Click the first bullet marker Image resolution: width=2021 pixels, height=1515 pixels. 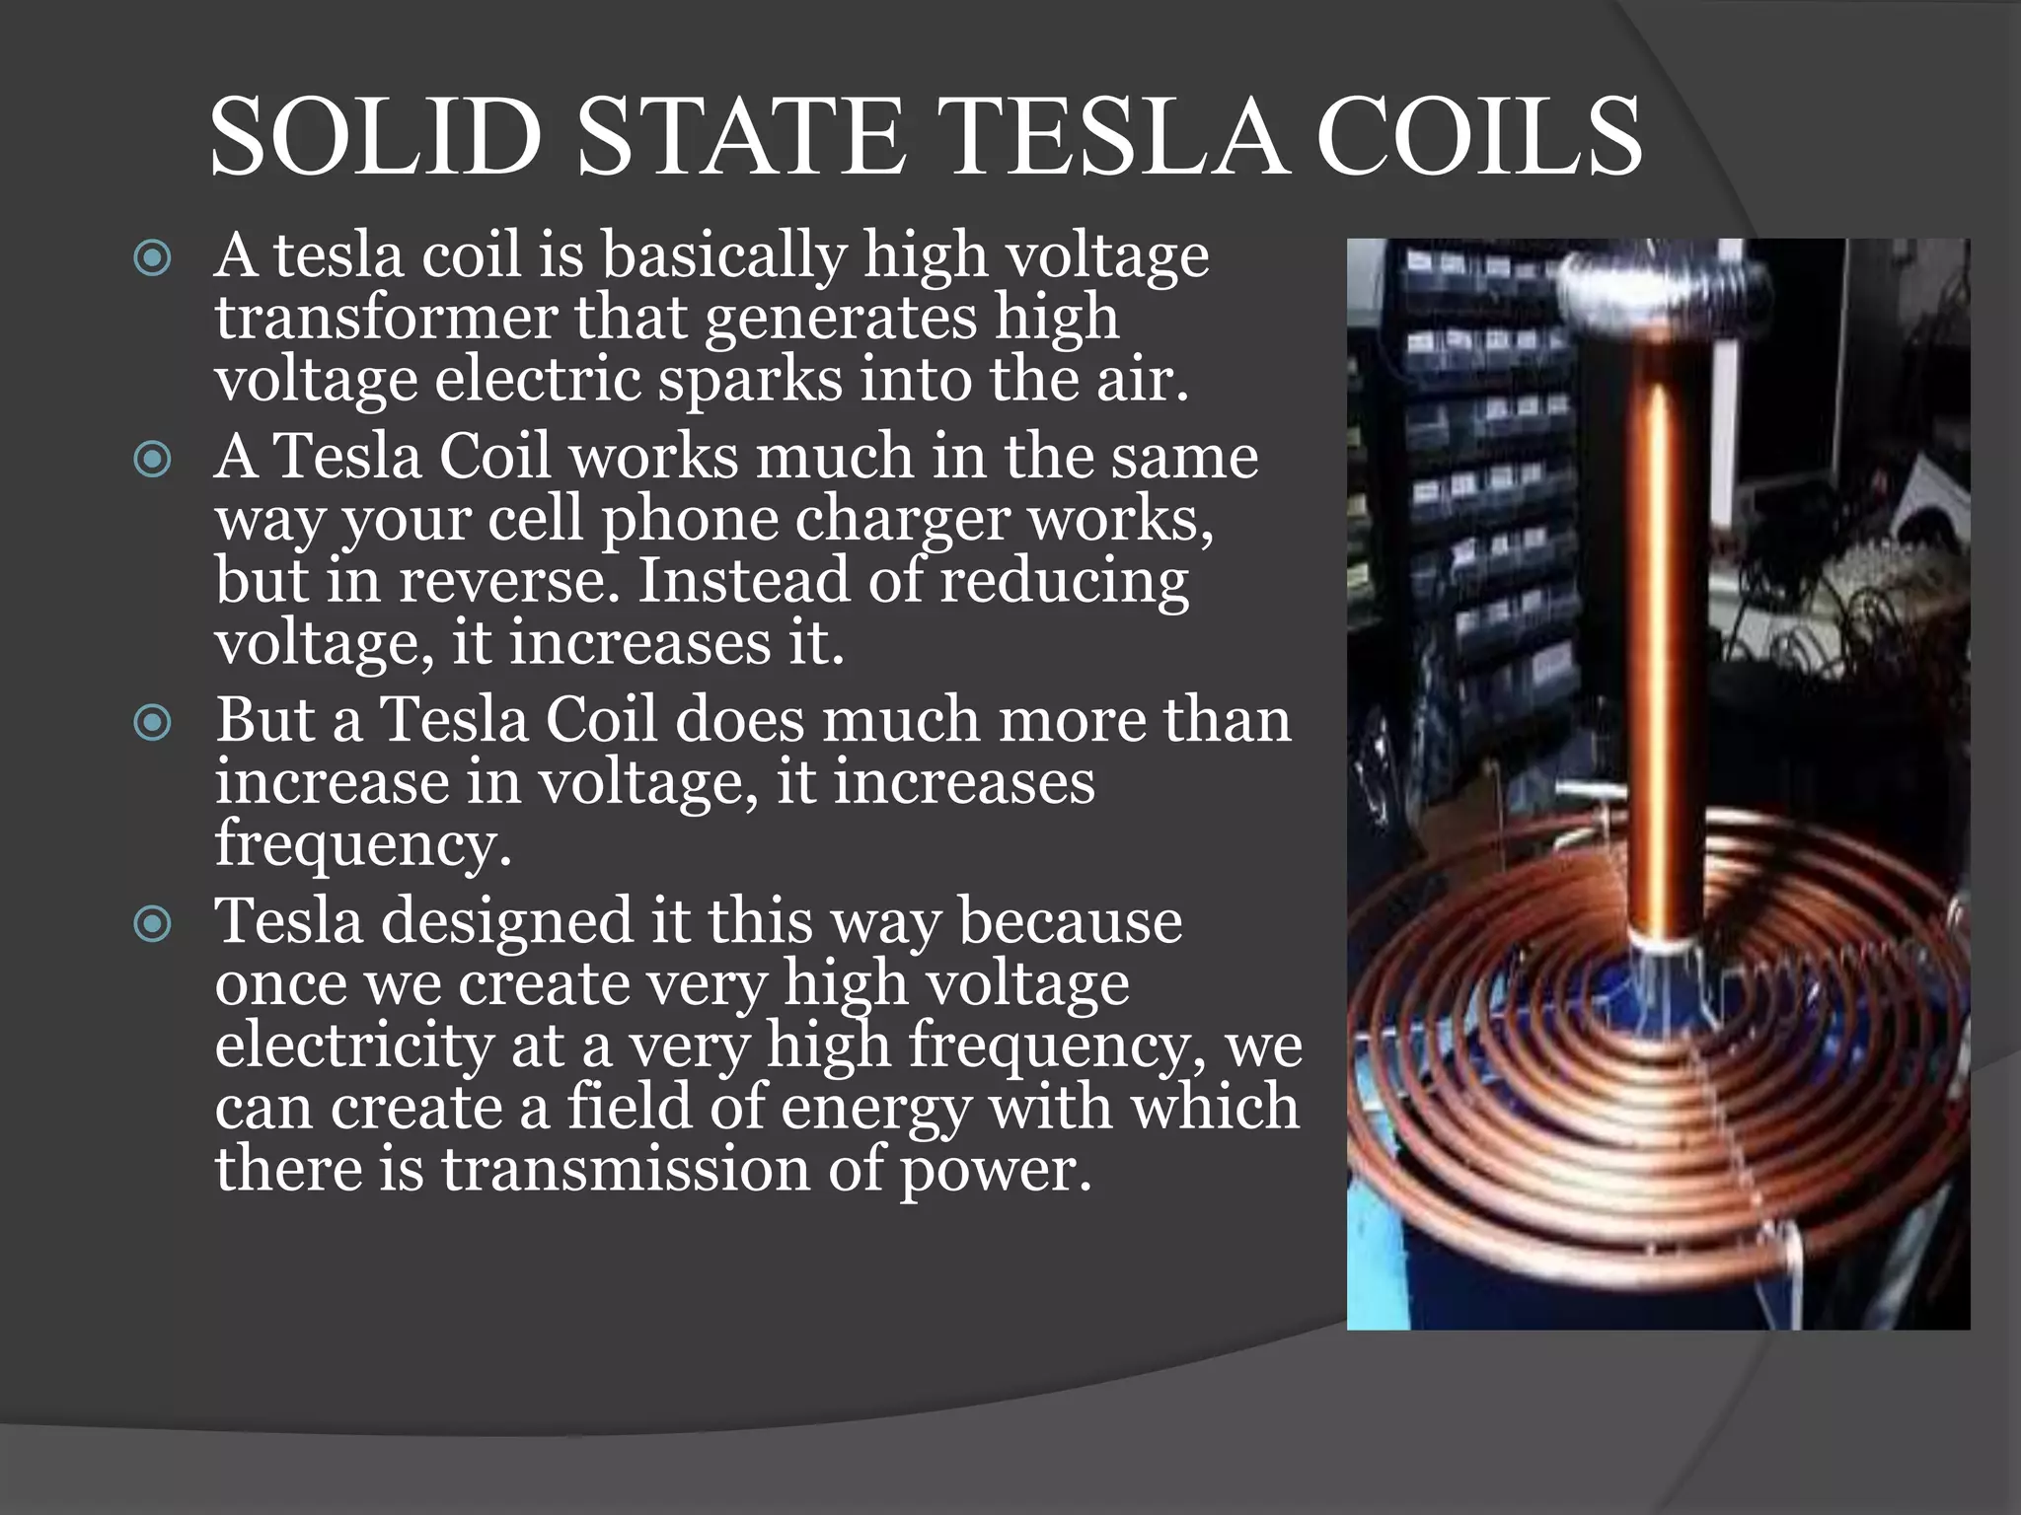(x=153, y=259)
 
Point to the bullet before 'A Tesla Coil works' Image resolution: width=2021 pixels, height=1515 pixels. (x=153, y=460)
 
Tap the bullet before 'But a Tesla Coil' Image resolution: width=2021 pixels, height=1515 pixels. (x=153, y=724)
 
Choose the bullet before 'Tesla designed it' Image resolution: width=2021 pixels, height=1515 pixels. (x=153, y=924)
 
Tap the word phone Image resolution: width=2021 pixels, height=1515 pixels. (x=690, y=520)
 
